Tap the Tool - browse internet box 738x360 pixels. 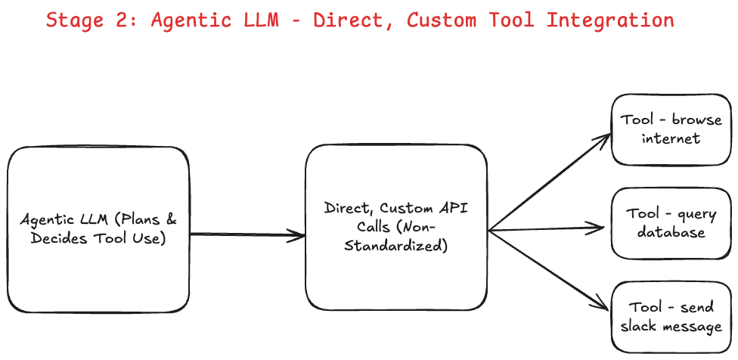[671, 129]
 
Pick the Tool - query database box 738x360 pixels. [671, 223]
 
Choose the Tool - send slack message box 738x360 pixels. [671, 317]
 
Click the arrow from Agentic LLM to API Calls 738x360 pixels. [247, 235]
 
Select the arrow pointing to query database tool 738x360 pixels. [548, 228]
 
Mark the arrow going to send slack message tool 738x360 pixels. [550, 269]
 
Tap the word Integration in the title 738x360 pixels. [609, 20]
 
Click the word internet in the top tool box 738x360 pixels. [671, 138]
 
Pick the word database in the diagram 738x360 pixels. [671, 232]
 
